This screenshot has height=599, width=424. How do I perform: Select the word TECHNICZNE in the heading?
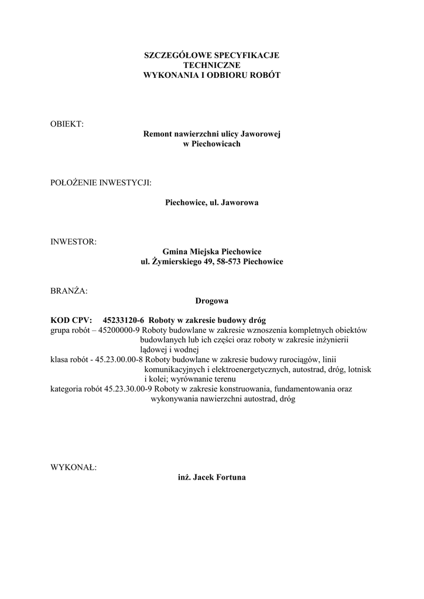tap(212, 66)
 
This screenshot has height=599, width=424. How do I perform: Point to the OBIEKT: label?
tap(67, 124)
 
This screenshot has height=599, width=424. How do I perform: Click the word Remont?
tap(158, 134)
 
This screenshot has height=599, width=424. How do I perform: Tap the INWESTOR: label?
tap(74, 242)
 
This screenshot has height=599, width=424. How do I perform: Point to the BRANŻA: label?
tap(69, 291)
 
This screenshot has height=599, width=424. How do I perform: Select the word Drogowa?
tap(212, 301)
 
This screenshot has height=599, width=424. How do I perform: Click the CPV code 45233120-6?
tap(124, 320)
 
